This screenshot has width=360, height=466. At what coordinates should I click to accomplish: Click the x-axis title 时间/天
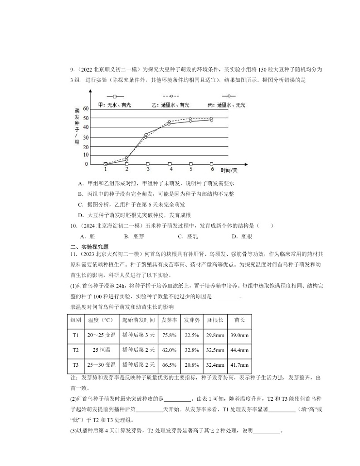pos(229,170)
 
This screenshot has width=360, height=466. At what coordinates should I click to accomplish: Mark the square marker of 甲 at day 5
pos(191,164)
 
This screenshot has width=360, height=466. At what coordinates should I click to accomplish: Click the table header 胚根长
pos(215,320)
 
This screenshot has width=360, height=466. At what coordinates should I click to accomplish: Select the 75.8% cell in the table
pos(169,335)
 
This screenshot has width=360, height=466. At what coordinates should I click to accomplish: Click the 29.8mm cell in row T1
pos(215,335)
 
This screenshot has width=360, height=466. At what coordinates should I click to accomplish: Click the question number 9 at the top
pos(72,69)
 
